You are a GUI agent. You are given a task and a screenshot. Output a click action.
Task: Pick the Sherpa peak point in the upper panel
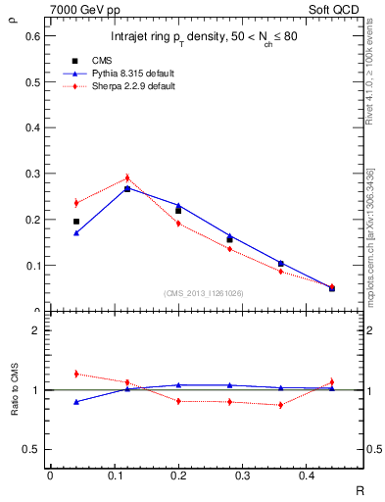[127, 178]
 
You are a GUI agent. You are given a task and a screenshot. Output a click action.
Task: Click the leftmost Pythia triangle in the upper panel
[76, 232]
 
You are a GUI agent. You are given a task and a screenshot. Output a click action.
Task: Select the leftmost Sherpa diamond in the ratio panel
[76, 374]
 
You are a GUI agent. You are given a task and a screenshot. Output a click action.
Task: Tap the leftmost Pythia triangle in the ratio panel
[76, 401]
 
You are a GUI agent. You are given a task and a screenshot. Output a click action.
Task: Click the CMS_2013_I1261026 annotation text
[204, 293]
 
